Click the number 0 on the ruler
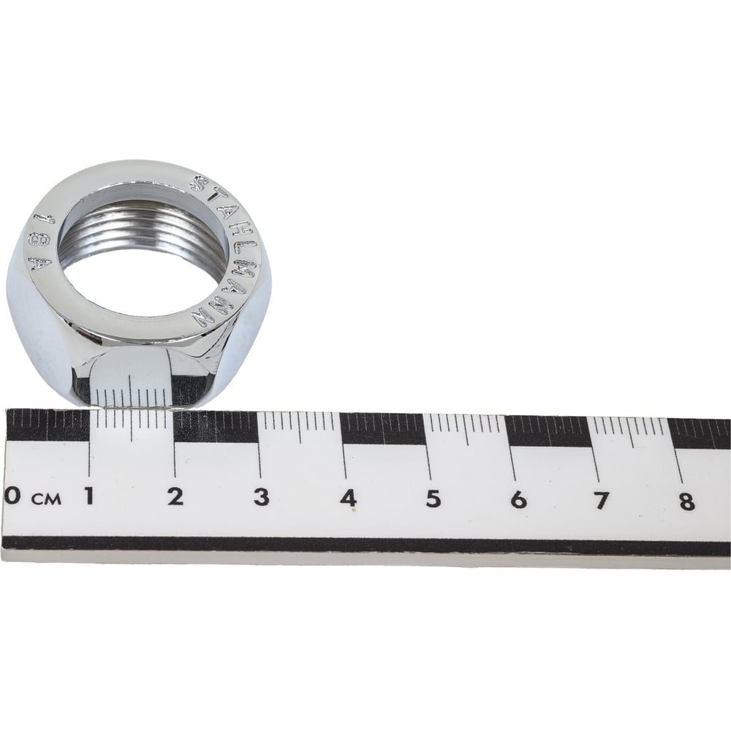tap(12, 495)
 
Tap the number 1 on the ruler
tap(88, 496)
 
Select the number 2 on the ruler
tap(175, 497)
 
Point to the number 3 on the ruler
tap(262, 497)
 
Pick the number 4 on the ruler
tap(348, 499)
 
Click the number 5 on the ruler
tap(433, 499)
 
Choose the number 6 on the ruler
tap(518, 500)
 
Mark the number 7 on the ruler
tap(602, 501)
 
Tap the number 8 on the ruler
tap(686, 501)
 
